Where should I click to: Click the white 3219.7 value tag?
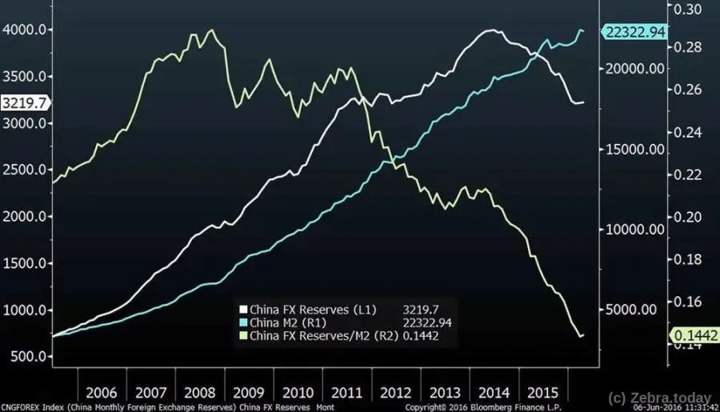[22, 102]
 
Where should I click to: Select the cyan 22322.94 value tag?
[635, 31]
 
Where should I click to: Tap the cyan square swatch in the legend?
[244, 322]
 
